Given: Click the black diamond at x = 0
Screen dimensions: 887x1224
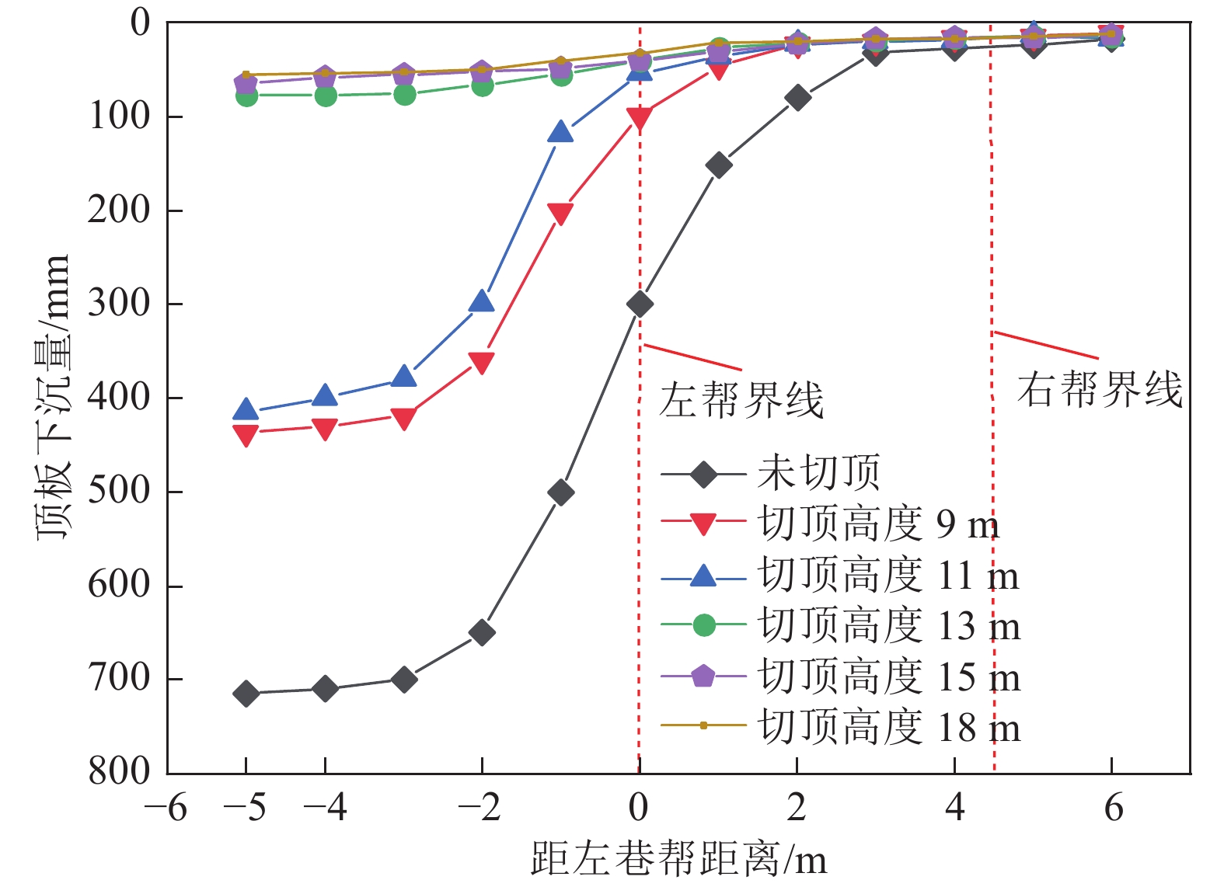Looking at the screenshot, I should (639, 304).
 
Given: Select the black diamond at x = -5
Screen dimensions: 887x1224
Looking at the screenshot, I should (246, 693).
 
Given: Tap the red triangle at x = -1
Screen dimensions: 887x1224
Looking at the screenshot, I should (560, 214).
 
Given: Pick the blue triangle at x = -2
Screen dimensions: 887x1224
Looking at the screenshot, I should (482, 301).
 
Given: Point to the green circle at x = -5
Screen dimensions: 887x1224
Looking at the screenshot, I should (246, 96).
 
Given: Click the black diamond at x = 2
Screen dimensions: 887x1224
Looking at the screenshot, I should (797, 98).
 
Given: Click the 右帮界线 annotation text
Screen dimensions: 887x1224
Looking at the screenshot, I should (1100, 389).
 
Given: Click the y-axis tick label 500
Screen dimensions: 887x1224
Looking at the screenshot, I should (118, 491).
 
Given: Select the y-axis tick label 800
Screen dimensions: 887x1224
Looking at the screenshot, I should (118, 771).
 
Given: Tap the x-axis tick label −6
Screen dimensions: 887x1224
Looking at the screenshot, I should (166, 809).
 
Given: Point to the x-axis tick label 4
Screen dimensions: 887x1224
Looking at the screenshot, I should (954, 809).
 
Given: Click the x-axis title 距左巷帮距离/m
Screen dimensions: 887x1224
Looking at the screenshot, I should (679, 860).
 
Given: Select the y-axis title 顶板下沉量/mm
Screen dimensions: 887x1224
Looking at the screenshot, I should (54, 397).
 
